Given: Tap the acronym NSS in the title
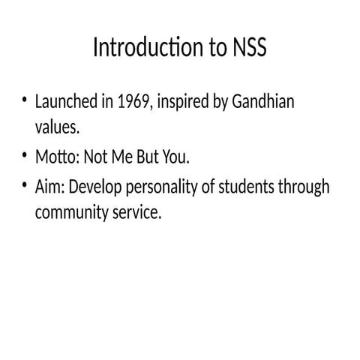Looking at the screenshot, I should click(x=247, y=48).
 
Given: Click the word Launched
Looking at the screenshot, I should click(x=66, y=102).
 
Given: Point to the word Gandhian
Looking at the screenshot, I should click(x=262, y=102).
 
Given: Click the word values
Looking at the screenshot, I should click(x=56, y=128).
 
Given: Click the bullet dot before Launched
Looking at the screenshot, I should click(x=25, y=100).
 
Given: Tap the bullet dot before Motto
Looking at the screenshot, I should click(x=25, y=156).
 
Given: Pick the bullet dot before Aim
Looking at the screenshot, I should click(x=25, y=184).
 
